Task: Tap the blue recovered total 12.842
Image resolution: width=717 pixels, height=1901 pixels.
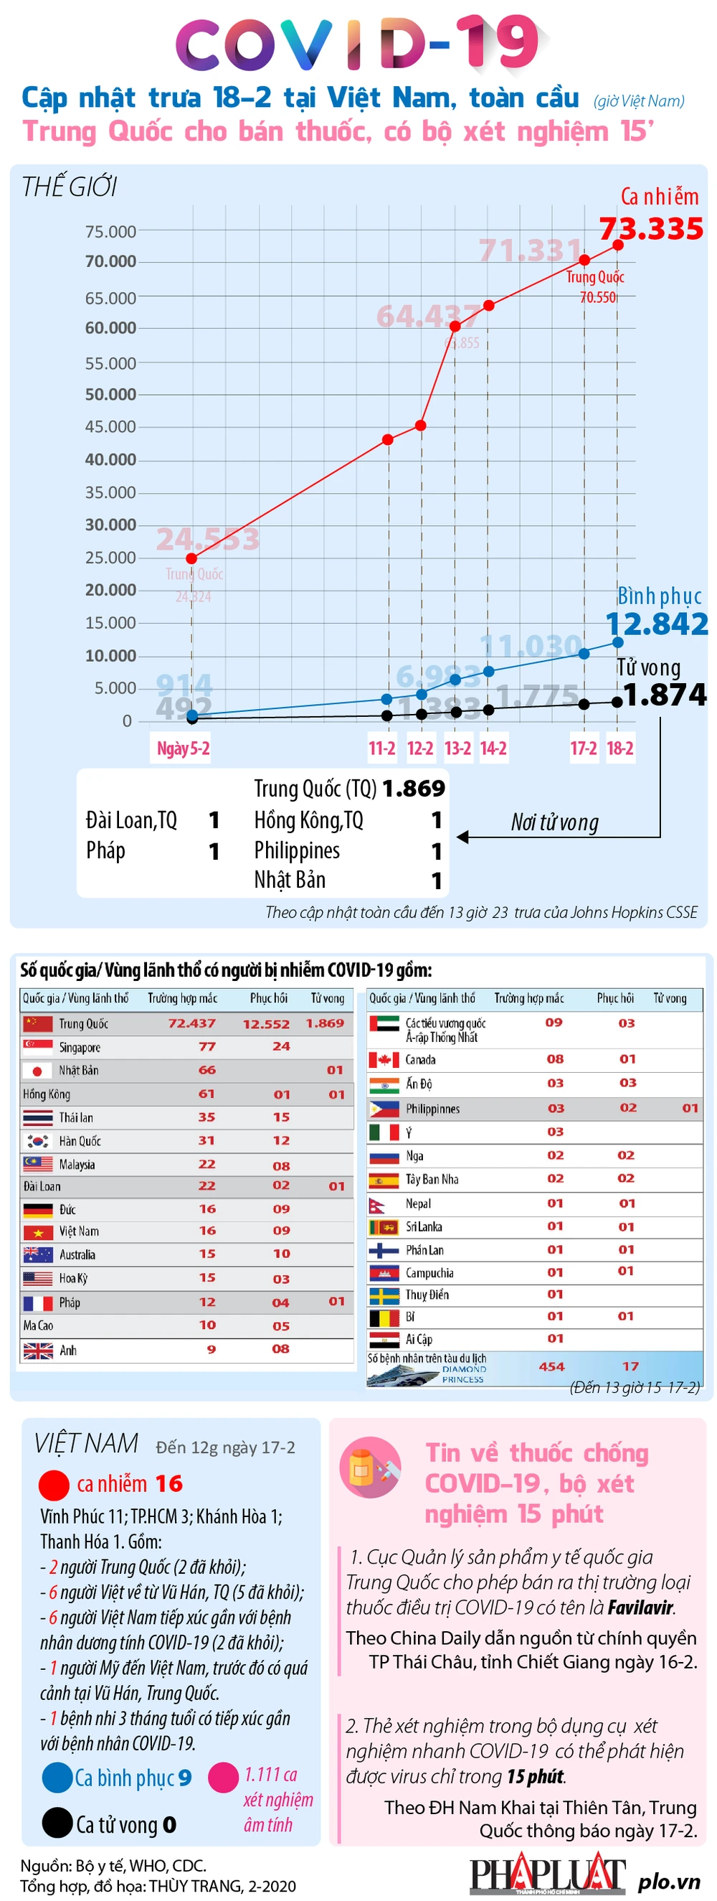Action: (656, 624)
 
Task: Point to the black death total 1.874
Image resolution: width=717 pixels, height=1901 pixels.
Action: (664, 695)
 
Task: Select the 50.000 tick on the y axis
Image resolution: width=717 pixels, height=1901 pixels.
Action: (110, 394)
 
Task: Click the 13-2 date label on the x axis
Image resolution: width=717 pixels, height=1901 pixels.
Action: (457, 748)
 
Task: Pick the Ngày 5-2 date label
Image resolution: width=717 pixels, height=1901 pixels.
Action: (183, 748)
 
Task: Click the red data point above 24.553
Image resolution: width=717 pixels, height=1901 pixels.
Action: (191, 558)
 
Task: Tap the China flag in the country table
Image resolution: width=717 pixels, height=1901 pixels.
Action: (37, 1023)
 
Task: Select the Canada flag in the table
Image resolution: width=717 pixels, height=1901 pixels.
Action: (384, 1060)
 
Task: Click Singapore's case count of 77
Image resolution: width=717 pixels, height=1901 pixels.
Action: (207, 1046)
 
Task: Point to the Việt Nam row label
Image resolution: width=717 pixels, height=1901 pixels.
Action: (79, 1231)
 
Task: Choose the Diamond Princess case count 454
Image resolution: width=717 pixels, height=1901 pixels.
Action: (551, 1366)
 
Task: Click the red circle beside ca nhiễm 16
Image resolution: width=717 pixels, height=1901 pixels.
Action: (54, 1485)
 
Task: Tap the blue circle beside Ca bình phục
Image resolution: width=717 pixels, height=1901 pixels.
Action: (57, 1778)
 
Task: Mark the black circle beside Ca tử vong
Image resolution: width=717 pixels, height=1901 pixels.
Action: (57, 1823)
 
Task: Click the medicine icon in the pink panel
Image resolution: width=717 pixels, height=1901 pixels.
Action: (370, 1468)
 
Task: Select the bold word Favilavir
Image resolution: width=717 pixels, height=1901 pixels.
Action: (640, 1607)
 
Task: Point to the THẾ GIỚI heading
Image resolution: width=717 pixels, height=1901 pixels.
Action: (70, 187)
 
